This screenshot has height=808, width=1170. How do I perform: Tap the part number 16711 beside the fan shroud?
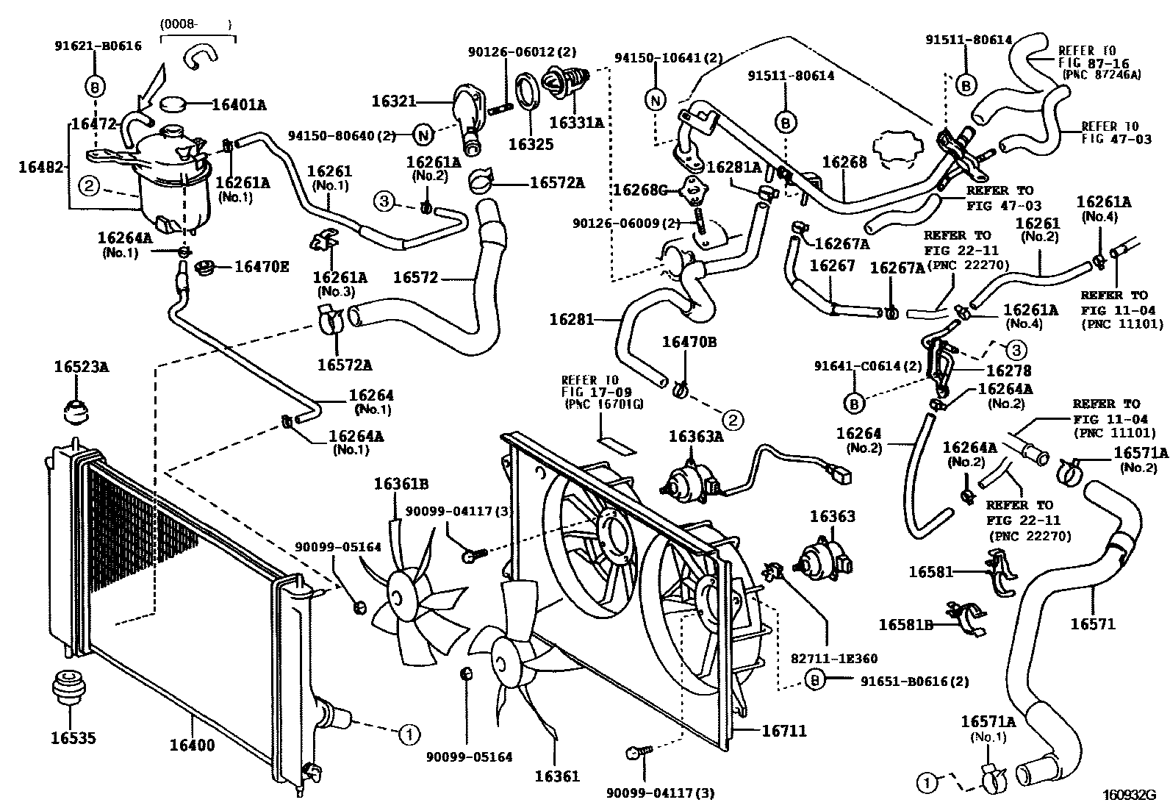783,731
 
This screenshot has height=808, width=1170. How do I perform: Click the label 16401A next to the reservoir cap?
239,105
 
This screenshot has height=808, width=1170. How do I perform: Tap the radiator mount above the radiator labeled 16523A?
76,411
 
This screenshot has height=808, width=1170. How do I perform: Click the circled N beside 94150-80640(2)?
423,135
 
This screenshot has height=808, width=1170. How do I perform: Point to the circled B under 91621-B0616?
96,86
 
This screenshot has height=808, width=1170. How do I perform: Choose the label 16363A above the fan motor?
696,437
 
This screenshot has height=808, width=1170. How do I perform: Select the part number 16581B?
905,624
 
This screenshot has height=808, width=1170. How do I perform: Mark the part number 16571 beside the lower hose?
1092,623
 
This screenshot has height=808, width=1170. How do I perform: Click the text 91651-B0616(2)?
914,681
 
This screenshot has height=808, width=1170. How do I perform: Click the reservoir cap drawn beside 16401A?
173,104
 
